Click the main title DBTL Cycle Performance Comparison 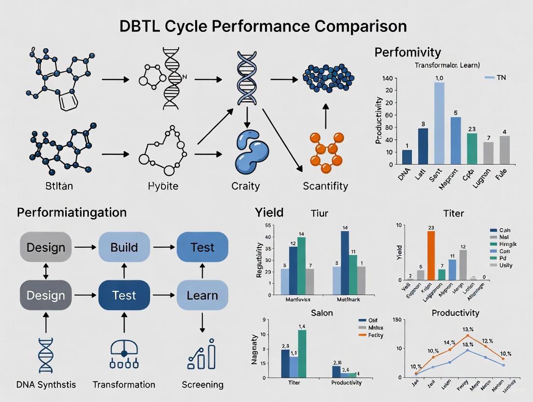[x=263, y=26]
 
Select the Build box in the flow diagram [x=124, y=247]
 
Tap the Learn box [x=202, y=295]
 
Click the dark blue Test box [x=124, y=295]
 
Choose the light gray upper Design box [x=46, y=247]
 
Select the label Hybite [x=163, y=186]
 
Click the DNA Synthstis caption [x=46, y=385]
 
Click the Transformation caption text [x=124, y=385]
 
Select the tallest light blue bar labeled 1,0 [x=439, y=123]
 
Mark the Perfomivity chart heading [x=408, y=52]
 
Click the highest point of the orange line [x=467, y=335]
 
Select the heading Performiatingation [x=71, y=213]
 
